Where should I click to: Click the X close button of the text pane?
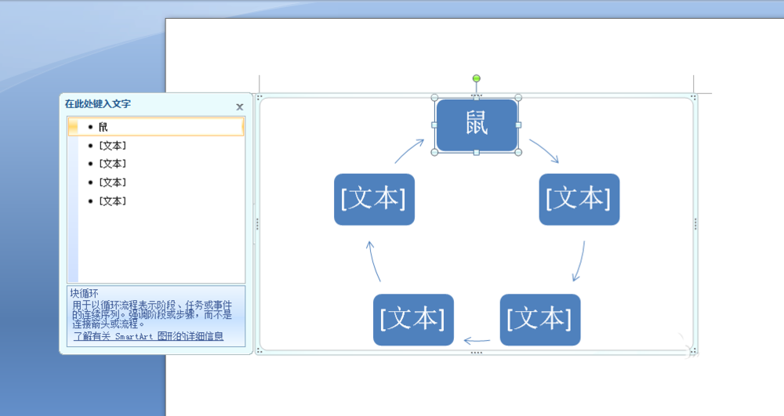point(240,107)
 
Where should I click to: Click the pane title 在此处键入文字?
point(98,103)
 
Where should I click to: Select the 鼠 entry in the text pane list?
point(103,127)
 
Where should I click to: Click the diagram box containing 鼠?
point(477,125)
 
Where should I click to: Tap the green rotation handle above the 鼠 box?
point(476,78)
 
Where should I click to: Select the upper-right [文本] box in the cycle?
point(579,199)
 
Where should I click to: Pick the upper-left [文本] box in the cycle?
point(374,199)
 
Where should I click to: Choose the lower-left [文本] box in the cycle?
point(413,319)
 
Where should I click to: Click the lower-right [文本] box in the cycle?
point(539,319)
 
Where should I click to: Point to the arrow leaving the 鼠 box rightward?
point(544,151)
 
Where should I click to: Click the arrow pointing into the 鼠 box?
point(409,151)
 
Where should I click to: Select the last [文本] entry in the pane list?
point(112,201)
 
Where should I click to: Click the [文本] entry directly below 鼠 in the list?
point(112,146)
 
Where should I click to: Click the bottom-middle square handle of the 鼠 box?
point(477,152)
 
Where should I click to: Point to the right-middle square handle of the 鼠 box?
point(518,125)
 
